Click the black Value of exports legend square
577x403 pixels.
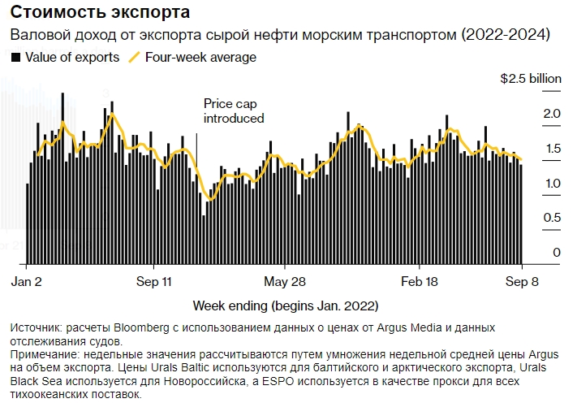(15, 58)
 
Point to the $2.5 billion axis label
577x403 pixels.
(530, 80)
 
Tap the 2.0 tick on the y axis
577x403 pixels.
(553, 114)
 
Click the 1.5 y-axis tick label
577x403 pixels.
(553, 149)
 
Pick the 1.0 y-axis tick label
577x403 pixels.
(553, 184)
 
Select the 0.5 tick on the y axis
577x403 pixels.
(553, 218)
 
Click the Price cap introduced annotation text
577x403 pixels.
(234, 111)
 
